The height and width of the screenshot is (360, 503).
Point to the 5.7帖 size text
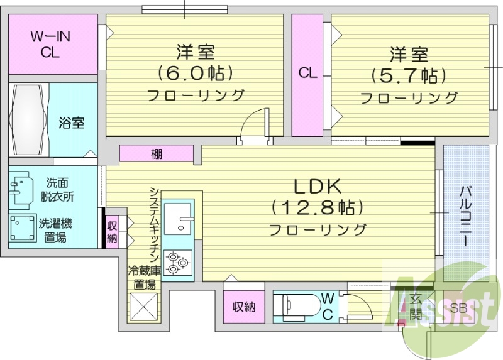(409, 75)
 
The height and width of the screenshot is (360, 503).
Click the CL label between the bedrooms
(307, 73)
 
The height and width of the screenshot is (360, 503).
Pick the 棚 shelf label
(157, 153)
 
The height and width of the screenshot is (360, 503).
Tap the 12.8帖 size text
(318, 207)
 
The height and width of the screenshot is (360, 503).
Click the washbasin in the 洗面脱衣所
(21, 187)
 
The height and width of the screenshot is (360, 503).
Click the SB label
(459, 308)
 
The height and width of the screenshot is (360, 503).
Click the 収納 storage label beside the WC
(244, 307)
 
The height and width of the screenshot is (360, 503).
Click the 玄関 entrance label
(416, 307)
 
